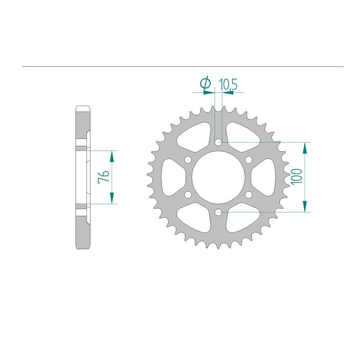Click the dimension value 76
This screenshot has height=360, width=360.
[102, 177]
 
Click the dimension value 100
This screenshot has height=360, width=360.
[296, 177]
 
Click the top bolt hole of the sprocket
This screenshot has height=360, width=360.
[218, 143]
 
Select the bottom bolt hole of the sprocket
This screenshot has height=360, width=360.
[218, 212]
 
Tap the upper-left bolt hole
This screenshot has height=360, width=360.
[188, 160]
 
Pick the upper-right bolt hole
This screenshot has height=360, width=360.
[248, 160]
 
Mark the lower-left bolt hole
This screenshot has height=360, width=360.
[188, 194]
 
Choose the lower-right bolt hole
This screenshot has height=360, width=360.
[248, 194]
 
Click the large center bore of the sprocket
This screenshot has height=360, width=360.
[218, 177]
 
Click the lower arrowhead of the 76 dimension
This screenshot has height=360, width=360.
[112, 198]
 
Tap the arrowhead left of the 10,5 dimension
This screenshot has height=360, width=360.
[209, 93]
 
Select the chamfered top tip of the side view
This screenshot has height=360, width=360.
[83, 108]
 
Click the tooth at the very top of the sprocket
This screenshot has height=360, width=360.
[218, 108]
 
